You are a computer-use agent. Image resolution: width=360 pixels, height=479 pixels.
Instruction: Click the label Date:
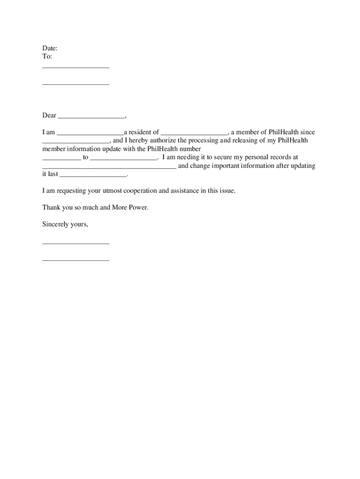50,48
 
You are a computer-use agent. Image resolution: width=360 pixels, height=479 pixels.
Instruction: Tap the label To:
47,56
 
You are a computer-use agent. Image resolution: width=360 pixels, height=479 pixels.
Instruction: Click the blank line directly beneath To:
76,67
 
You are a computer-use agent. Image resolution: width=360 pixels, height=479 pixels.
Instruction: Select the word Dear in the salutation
49,116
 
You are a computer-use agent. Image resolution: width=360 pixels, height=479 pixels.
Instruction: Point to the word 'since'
307,132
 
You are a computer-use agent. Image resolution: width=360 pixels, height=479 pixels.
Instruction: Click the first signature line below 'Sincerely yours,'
76,244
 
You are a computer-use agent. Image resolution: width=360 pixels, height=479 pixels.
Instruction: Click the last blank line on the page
76,260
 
